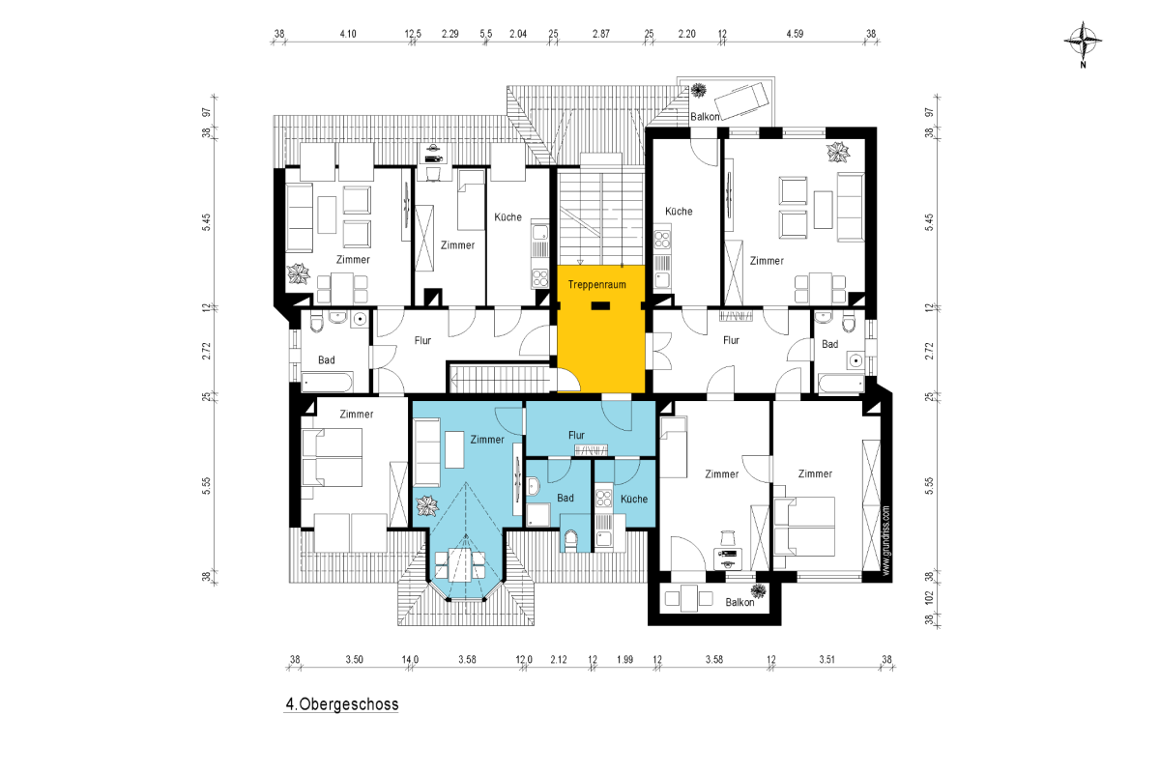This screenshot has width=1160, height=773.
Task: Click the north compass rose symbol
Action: point(1083,42)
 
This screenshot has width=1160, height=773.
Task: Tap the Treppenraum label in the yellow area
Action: point(596,285)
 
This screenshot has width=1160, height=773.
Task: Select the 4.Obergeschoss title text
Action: point(342,704)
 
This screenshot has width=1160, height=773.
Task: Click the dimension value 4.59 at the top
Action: point(795,34)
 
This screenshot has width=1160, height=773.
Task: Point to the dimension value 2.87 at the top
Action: point(600,34)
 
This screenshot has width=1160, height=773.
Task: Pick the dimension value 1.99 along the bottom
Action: point(624,660)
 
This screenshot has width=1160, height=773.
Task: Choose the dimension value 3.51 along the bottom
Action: point(826,660)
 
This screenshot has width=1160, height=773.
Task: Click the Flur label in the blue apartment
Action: point(576,436)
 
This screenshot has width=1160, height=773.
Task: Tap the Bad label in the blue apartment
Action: point(565,498)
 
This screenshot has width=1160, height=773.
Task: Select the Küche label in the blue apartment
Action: point(634,500)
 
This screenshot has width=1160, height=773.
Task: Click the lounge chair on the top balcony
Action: point(742,100)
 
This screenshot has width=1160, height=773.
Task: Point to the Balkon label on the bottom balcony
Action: point(739,603)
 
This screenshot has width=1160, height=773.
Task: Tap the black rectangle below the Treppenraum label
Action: point(600,306)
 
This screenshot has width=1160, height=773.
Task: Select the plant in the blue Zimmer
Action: point(427,506)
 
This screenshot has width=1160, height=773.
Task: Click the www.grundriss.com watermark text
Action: point(885,540)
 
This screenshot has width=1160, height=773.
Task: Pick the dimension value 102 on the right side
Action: point(929,597)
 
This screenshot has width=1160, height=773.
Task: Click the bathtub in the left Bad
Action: point(327,383)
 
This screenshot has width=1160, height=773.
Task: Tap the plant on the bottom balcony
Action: point(759,591)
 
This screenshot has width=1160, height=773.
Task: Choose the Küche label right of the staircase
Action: point(679,212)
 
